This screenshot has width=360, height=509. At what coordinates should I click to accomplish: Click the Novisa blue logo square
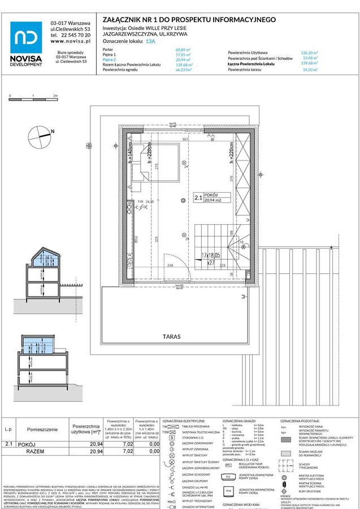pyautogui.click(x=26, y=37)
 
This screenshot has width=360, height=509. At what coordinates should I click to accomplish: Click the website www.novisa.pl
pyautogui.click(x=71, y=41)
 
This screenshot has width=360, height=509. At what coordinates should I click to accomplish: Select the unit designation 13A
pyautogui.click(x=150, y=41)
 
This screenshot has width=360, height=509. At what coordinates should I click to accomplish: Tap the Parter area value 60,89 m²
pyautogui.click(x=184, y=50)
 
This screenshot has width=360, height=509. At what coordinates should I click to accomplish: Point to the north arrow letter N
pyautogui.click(x=53, y=132)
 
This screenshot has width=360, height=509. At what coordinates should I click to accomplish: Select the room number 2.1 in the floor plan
pyautogui.click(x=198, y=198)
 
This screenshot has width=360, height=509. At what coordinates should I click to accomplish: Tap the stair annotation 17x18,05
pyautogui.click(x=211, y=256)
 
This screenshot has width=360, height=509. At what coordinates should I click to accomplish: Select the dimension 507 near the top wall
pyautogui.click(x=185, y=138)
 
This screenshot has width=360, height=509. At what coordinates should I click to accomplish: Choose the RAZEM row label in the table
pyautogui.click(x=35, y=452)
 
